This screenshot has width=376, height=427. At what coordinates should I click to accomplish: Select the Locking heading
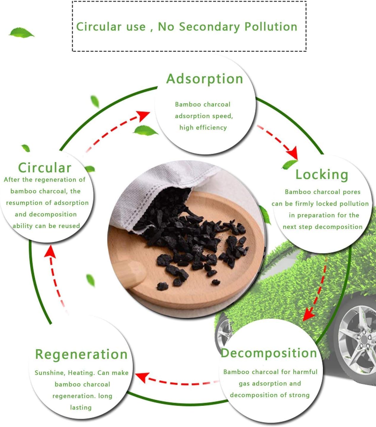[322, 175]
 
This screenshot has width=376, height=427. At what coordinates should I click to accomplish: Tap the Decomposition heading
[269, 353]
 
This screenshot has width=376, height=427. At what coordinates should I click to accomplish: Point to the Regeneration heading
[81, 355]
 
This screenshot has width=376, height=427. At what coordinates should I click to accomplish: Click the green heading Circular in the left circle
[45, 168]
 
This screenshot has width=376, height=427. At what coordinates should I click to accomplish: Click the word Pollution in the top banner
[271, 27]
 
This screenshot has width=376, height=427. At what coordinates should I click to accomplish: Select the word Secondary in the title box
[209, 27]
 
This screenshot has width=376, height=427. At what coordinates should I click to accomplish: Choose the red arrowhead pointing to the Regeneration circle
[142, 378]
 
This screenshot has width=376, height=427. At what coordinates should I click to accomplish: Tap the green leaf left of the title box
[21, 33]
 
